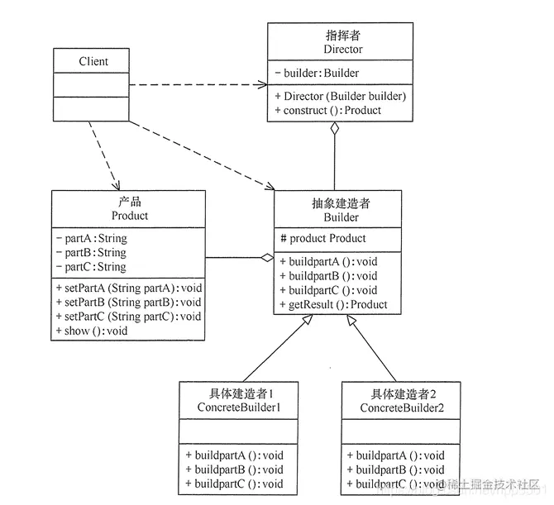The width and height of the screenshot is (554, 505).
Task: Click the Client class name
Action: coord(93,61)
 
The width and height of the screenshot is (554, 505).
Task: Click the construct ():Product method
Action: coord(328,110)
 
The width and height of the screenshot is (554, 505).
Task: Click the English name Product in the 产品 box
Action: coord(129,216)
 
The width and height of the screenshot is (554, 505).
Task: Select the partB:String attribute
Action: coord(92,253)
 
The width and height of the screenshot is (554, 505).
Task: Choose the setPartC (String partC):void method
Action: coord(129,316)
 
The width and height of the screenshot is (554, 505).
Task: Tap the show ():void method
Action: coord(93,331)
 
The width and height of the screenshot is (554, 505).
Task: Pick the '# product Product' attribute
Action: coord(323,239)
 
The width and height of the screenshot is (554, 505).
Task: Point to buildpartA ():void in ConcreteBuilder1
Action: coord(234,455)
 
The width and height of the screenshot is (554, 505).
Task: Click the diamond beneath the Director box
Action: coord(334,130)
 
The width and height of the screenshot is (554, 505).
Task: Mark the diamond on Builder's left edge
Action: coord(266,258)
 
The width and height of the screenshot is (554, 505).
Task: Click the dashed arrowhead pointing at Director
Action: coord(263,83)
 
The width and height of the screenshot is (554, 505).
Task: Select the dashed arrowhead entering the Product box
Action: coord(117,185)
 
